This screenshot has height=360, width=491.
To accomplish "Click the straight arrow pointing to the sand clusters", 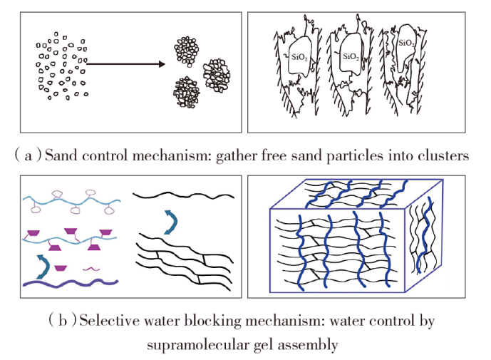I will [x=124, y=65].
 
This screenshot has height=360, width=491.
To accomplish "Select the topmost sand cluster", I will [x=189, y=50].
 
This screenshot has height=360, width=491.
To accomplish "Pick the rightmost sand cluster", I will [x=217, y=74].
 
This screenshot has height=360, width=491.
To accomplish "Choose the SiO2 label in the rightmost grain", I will [x=407, y=44].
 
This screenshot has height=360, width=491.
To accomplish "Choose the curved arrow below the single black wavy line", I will [x=168, y=221].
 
